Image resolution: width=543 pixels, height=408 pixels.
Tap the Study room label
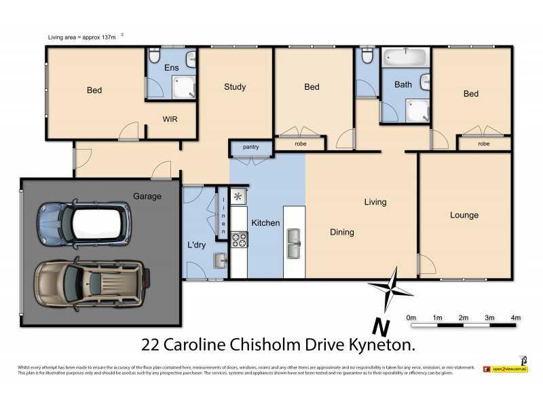click(235, 87)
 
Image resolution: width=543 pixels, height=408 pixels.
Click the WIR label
click(170, 118)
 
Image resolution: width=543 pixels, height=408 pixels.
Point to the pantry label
click(250, 147)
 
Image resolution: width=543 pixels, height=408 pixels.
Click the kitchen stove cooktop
click(240, 239)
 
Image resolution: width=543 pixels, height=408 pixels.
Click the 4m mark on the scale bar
click(515, 318)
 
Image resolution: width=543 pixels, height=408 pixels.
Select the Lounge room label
click(464, 216)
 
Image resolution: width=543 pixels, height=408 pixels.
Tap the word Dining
click(341, 233)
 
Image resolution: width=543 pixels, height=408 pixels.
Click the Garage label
click(147, 197)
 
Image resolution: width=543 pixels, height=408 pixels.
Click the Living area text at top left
click(81, 37)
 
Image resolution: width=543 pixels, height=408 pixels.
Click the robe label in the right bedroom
click(483, 144)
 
